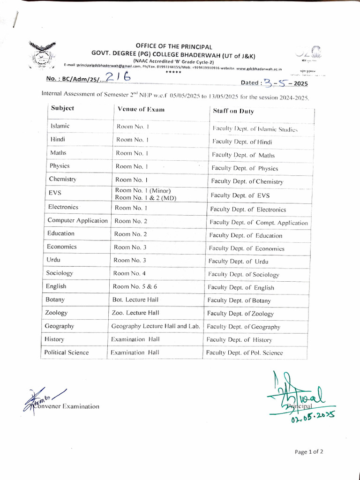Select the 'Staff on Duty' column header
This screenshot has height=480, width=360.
click(233, 111)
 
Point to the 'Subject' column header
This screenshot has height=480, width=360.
click(62, 108)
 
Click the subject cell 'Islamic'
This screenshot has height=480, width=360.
click(60, 126)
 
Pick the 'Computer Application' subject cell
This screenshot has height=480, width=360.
click(77, 220)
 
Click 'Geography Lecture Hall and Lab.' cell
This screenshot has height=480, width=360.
click(156, 326)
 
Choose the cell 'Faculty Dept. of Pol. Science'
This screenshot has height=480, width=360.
click(244, 352)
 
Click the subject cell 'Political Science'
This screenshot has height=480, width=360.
click(66, 352)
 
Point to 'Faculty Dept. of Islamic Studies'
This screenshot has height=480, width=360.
click(255, 128)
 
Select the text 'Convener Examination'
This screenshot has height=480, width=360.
click(66, 406)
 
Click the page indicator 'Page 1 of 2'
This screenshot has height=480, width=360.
click(309, 452)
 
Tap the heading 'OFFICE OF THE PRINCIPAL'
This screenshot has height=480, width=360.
click(174, 47)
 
